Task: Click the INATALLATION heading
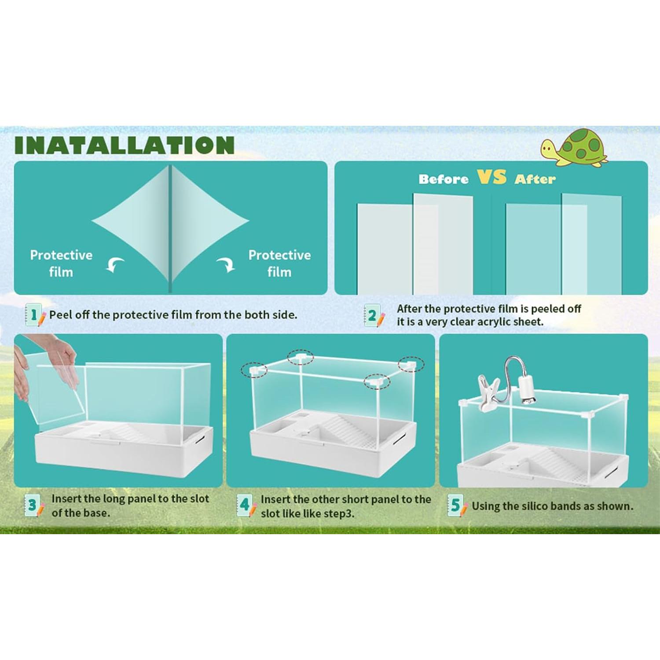tap(125, 145)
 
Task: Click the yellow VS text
tap(491, 177)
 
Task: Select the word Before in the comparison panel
tap(444, 179)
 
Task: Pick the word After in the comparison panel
tap(535, 179)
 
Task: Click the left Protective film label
tap(61, 263)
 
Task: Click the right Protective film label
tap(279, 263)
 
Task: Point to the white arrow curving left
tap(115, 265)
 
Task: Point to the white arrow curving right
tap(226, 264)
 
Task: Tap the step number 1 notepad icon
tap(35, 315)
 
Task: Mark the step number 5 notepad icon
tap(457, 506)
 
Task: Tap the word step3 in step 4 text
tap(338, 513)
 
